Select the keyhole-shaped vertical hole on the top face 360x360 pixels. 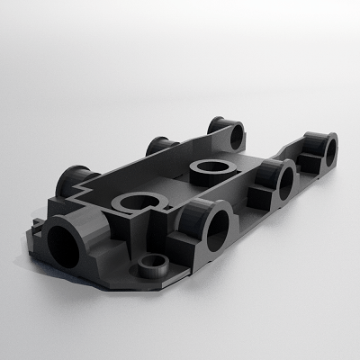click(141, 203)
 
